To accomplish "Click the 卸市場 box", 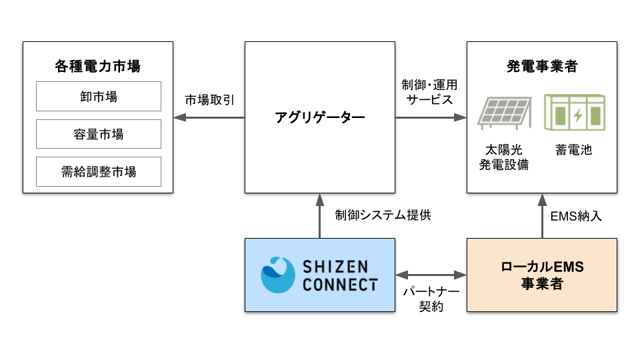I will [98, 97].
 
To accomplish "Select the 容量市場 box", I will [98, 134].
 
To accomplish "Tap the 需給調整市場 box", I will [98, 171].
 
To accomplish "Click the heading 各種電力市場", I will [98, 67].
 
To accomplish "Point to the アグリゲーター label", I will [320, 118].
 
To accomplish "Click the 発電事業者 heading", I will [541, 67].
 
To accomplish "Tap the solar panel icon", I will [505, 111].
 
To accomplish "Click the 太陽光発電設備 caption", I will [504, 157].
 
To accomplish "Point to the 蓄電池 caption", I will [573, 150].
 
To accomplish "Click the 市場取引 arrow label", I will [209, 100].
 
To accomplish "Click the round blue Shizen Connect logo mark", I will [278, 275].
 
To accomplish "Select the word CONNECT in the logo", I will [340, 285].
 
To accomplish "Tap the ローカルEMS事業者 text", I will [541, 275].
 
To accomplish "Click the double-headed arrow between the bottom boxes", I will [431, 274].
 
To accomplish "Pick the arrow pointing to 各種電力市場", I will [209, 117].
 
